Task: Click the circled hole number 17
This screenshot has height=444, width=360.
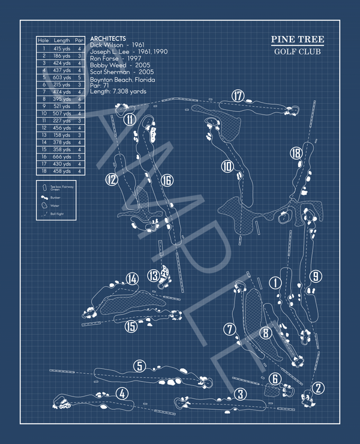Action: (238, 96)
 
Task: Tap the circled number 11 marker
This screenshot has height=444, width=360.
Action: (130, 119)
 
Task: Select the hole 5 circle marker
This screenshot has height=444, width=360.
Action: (139, 366)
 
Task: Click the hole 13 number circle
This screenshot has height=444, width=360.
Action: (154, 275)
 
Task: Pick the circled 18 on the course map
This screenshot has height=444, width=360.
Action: (295, 153)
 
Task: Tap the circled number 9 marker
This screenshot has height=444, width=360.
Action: (317, 277)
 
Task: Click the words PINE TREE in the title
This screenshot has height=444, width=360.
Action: (297, 40)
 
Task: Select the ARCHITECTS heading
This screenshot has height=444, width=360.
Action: (107, 38)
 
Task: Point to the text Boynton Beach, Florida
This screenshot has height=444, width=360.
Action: (122, 80)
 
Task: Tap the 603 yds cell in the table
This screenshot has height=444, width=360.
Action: (62, 77)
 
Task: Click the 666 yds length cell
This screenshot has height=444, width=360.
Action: (62, 157)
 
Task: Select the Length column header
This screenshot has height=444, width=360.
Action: (62, 40)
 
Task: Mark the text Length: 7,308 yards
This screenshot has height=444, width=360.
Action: (118, 92)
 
